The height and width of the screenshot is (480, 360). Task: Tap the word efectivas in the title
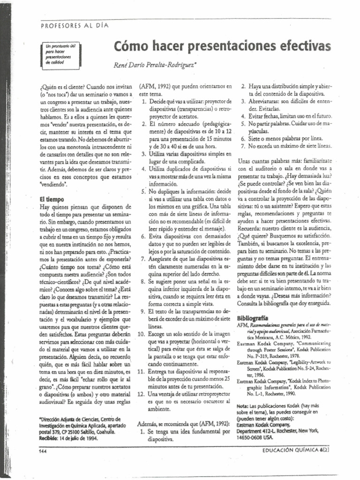[x=304, y=46]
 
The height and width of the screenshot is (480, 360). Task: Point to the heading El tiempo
[x=52, y=199]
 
